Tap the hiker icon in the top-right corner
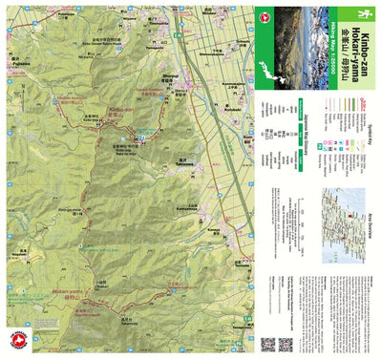click(x=364, y=13)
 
